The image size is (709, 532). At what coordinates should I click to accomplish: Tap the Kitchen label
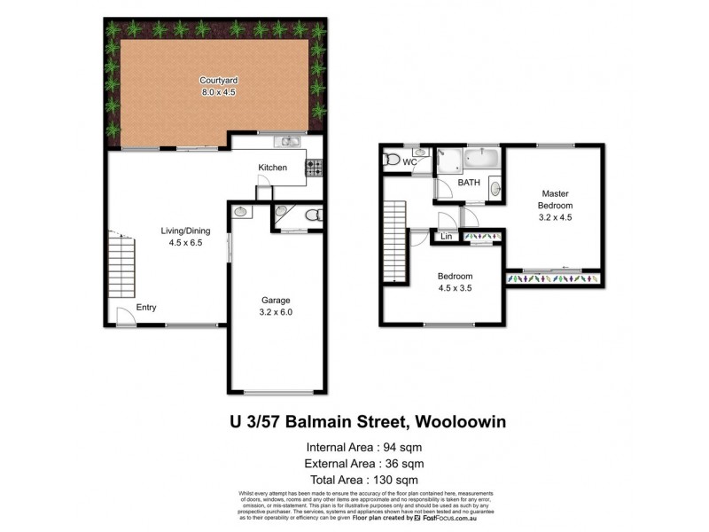pos(272,168)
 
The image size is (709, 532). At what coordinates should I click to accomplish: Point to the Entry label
pos(146,308)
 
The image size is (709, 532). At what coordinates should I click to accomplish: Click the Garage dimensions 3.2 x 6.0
pos(276,311)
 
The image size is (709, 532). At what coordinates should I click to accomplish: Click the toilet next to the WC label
pos(391,160)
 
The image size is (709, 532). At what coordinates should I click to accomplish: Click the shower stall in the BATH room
pos(449,160)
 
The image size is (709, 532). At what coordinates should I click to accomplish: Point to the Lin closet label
pos(446,237)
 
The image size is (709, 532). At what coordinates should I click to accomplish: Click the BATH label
pos(469,183)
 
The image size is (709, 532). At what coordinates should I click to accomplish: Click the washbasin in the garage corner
pos(240,212)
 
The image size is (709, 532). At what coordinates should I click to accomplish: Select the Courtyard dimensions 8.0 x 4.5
pos(217,91)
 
